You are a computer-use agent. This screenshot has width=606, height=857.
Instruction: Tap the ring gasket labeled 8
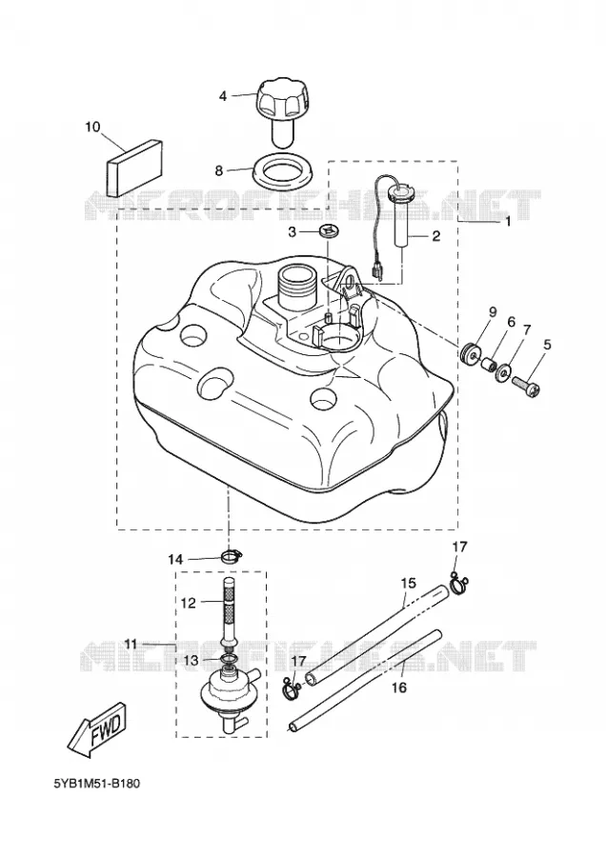tap(282, 172)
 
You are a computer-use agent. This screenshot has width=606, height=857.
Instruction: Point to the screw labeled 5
tap(525, 389)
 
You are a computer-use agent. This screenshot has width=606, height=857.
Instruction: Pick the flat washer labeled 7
tap(503, 373)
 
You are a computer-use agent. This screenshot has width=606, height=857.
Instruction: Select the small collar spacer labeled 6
tap(489, 364)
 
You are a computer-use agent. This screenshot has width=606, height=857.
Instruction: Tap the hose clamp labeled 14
tap(232, 556)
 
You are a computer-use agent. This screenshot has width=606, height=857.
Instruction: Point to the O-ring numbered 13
tap(230, 659)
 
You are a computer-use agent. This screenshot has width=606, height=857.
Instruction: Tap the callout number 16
tap(400, 687)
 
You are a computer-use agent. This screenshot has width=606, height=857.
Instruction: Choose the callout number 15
tap(408, 583)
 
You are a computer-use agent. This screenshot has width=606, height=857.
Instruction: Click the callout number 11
tap(131, 644)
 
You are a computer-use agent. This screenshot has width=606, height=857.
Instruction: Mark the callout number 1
tap(508, 221)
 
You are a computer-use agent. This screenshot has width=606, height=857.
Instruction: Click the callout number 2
tap(435, 236)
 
